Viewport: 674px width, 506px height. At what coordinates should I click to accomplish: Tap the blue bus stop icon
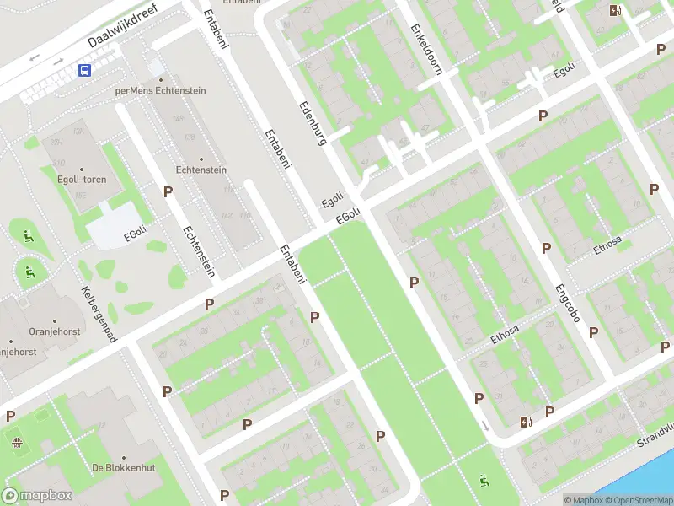coord(84,71)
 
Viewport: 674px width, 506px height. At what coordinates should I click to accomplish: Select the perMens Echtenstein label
coord(161,90)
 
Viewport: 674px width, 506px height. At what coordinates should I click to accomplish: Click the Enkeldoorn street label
coord(425,49)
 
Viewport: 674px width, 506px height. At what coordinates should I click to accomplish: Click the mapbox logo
coord(37,496)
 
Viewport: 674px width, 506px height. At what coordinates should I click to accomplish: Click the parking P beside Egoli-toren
coord(168,192)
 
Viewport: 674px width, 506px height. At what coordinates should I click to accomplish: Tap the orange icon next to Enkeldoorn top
coord(616,11)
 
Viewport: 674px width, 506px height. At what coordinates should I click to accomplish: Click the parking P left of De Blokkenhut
coord(10,416)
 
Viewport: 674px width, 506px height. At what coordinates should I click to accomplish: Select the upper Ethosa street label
coord(607,244)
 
